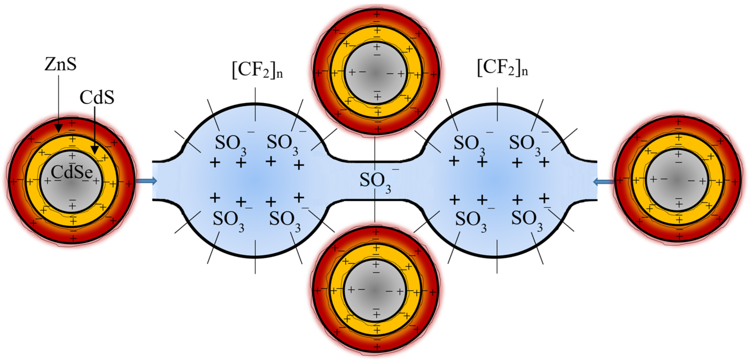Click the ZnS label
[60, 64]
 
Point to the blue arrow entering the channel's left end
[147, 181]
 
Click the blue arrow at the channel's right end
[603, 182]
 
